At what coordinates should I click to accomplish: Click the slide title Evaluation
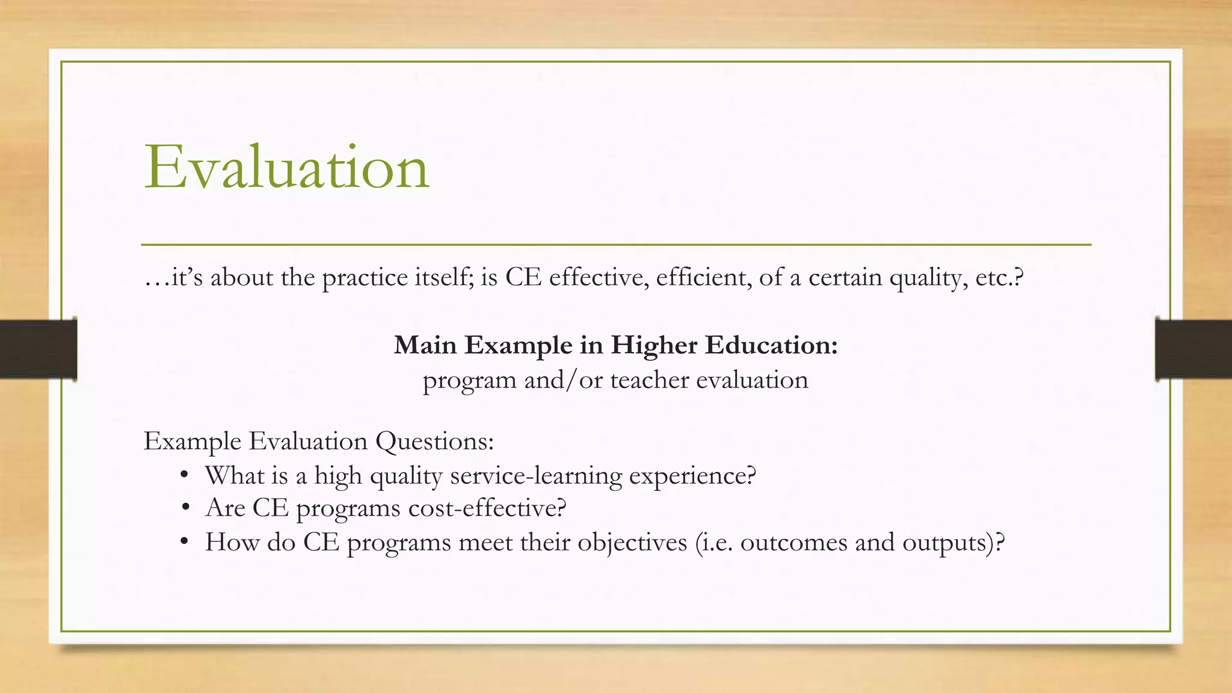coord(287,167)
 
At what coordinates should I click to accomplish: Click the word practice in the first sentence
coord(365,278)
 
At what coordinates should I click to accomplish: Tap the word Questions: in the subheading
coord(434,442)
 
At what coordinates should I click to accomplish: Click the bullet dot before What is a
coord(185,476)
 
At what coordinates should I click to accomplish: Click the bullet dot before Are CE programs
coord(185,508)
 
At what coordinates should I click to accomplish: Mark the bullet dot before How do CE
coord(185,543)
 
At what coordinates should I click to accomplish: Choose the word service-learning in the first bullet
coord(536,476)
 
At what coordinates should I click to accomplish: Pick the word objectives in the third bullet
coord(632,543)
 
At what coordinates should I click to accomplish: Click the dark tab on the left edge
coord(38,349)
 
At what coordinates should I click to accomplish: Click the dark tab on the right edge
coord(1193,349)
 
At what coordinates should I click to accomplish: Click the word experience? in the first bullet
coord(692,476)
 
